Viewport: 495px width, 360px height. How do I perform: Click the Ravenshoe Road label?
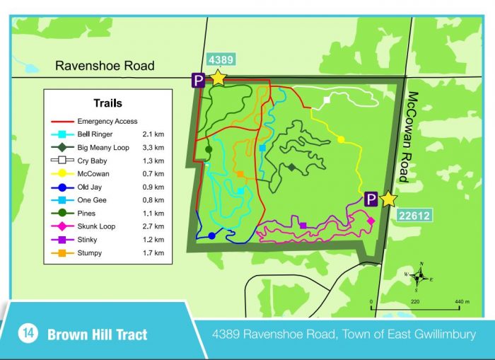[105, 66]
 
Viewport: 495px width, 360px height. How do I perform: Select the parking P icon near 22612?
[370, 200]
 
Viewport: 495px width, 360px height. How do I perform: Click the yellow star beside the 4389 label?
[218, 78]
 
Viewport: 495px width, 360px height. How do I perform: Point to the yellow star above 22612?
[388, 199]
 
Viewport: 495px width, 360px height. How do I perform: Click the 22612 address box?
[414, 216]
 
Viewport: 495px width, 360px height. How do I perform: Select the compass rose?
[420, 276]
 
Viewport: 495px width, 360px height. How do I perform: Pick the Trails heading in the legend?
[107, 103]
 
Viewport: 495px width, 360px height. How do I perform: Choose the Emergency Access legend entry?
[107, 121]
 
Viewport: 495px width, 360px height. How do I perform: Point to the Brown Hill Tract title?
[98, 334]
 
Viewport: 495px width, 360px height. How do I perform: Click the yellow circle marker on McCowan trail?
[341, 139]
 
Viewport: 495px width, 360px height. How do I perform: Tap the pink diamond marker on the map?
[371, 221]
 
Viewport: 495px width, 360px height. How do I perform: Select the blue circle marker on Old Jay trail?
[211, 236]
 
